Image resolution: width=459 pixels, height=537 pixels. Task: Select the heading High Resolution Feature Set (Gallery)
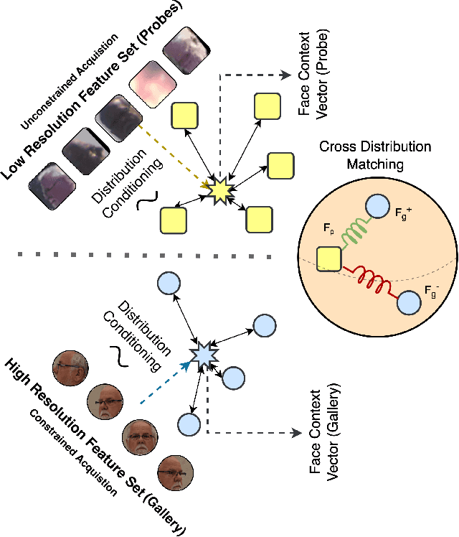pyautogui.click(x=93, y=445)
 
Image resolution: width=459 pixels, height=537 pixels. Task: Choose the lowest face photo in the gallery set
pyautogui.click(x=175, y=472)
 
